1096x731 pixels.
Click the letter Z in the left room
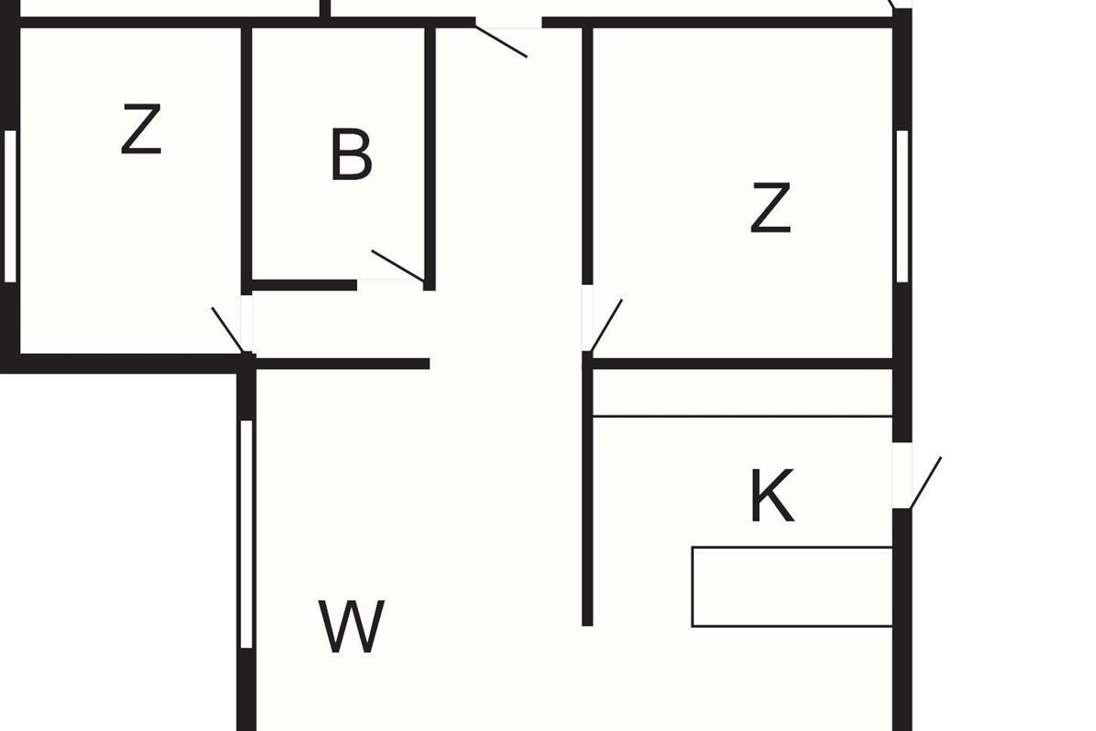point(142,130)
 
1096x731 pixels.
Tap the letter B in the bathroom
point(351,155)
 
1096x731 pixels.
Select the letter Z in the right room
point(770,208)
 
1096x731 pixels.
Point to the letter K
point(772,497)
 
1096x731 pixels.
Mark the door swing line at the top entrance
point(501,41)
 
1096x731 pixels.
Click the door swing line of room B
point(397,265)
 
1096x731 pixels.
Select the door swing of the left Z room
point(227,329)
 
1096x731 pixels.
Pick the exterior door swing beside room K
point(925,482)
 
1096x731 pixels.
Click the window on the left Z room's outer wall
point(10,206)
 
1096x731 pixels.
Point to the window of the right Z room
point(902,206)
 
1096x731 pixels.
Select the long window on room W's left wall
point(245,535)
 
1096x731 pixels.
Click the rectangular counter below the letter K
point(791,587)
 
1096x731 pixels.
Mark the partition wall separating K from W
point(587,493)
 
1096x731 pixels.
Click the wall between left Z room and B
point(247,155)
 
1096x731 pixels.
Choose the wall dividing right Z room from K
point(740,364)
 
